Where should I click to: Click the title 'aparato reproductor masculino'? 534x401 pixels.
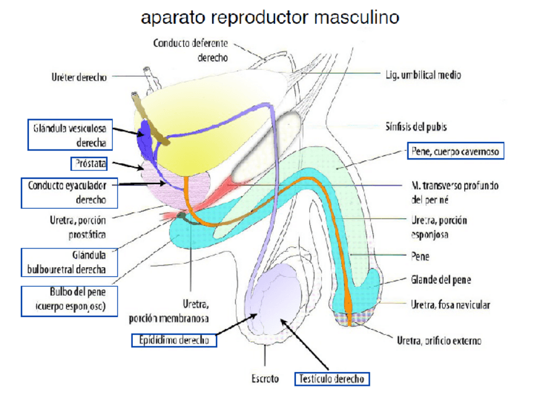click(x=270, y=17)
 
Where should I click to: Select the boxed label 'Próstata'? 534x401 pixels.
click(x=88, y=164)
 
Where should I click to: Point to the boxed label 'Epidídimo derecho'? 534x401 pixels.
click(x=174, y=340)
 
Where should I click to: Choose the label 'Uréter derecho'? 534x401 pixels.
click(x=79, y=78)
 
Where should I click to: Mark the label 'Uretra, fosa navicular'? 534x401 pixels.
click(x=450, y=305)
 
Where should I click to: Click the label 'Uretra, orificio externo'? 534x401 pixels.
click(x=439, y=340)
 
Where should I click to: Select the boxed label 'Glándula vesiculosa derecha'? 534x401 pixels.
click(x=69, y=135)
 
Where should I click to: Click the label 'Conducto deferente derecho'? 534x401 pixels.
click(x=190, y=50)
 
